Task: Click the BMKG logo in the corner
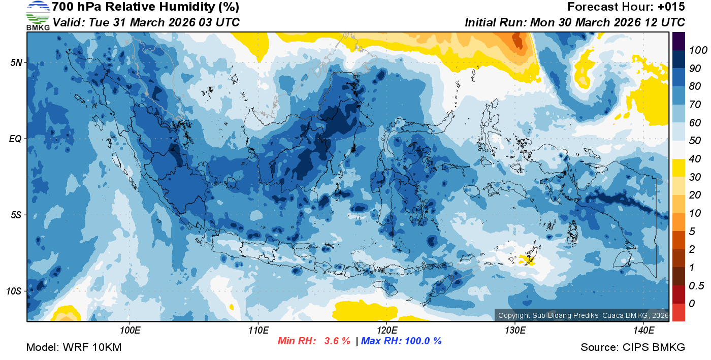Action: [38, 16]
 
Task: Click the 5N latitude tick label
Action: [16, 62]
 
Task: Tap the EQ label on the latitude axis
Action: [16, 139]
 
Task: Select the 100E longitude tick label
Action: [130, 331]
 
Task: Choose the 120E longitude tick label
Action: [387, 331]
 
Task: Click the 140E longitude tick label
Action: [643, 331]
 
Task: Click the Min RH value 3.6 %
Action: [337, 341]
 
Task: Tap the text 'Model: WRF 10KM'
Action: [74, 347]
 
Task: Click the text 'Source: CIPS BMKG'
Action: [633, 347]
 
